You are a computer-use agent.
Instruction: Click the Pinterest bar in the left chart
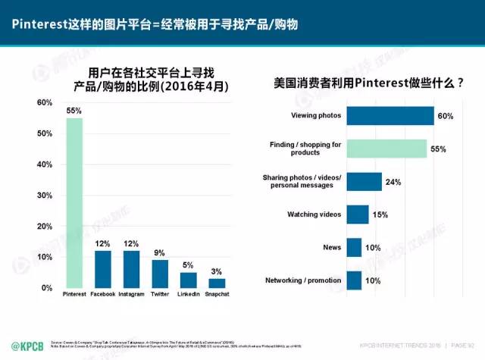74,203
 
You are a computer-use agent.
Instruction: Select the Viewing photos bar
390,116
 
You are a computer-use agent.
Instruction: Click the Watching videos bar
358,214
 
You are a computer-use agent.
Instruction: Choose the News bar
354,247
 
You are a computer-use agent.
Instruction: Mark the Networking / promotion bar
354,280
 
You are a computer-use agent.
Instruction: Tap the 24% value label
393,182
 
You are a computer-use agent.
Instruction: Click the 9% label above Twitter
160,253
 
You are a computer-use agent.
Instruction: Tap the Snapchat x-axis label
217,293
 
